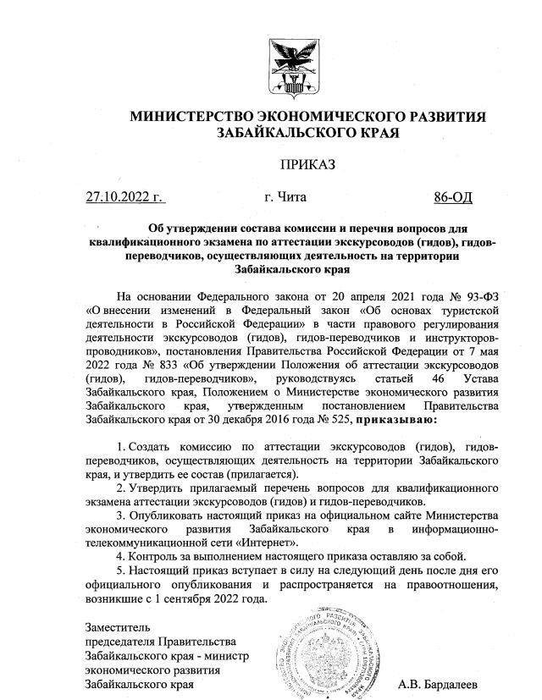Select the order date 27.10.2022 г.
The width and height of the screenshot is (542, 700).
tap(124, 198)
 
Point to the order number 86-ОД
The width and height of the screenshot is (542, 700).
tap(453, 198)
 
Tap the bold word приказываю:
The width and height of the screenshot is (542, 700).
tap(399, 418)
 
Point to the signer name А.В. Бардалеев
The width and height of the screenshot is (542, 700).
tap(438, 683)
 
